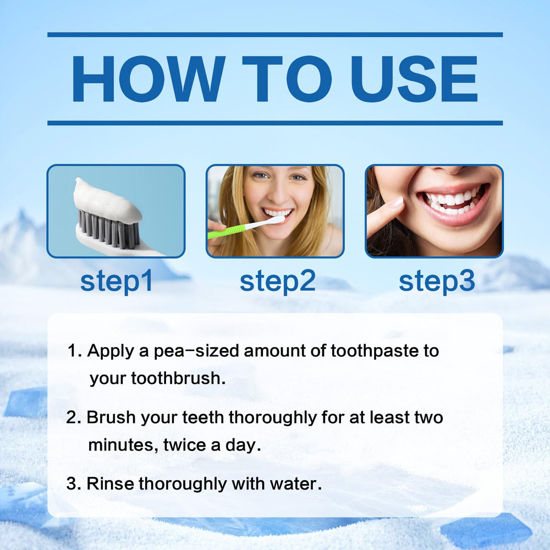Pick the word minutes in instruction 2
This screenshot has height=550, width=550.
pos(122,445)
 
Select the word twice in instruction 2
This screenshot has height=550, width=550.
pos(185,445)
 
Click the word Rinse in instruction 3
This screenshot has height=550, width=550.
pos(111,483)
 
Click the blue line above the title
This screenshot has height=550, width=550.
pos(275,35)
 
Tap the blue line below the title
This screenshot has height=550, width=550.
pos(275,123)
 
